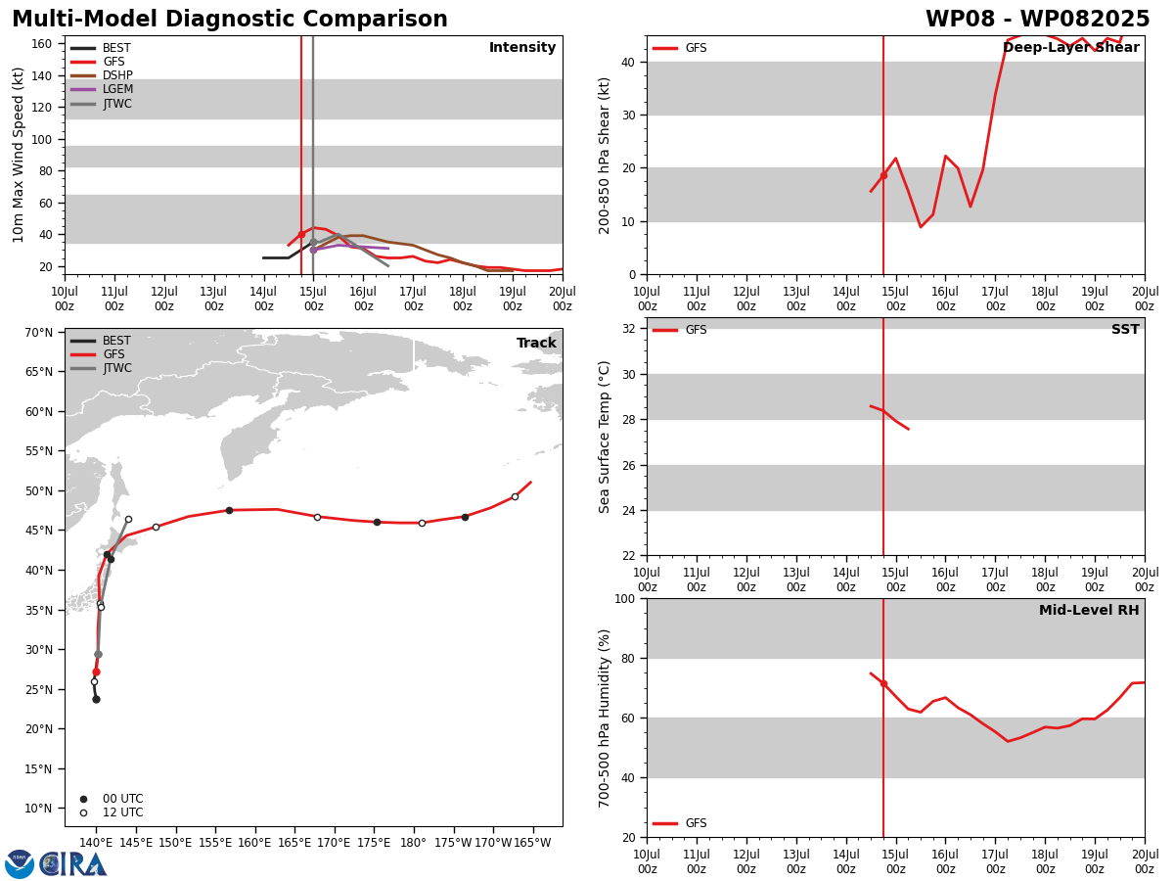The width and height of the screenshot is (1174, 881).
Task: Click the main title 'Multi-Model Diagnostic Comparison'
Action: click(x=230, y=19)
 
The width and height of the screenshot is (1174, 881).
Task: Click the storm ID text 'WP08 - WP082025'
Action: click(x=1038, y=19)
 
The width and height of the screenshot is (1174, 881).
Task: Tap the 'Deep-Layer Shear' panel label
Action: click(x=1070, y=47)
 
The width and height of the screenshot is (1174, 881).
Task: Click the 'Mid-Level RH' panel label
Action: click(x=1089, y=610)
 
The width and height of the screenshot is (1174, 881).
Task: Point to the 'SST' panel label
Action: click(x=1125, y=329)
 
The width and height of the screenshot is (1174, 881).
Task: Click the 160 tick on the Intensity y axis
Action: click(x=41, y=44)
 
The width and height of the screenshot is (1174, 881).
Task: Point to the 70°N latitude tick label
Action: click(x=38, y=333)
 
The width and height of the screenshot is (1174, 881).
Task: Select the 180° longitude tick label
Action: click(x=414, y=843)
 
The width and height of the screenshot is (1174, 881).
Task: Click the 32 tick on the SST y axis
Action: click(x=629, y=329)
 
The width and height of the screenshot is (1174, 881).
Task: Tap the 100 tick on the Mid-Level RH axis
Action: click(x=626, y=598)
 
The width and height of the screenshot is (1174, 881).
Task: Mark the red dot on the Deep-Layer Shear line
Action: click(x=883, y=176)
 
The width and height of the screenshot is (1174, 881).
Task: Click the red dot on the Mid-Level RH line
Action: click(x=883, y=684)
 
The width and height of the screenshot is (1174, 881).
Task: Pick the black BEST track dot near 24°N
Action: click(x=96, y=700)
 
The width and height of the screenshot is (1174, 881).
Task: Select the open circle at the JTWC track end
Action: click(x=128, y=520)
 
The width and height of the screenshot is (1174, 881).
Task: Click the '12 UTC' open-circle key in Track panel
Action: click(x=112, y=812)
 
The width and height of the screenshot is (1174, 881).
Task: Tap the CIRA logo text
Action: click(x=72, y=864)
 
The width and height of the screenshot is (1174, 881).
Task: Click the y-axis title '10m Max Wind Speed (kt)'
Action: click(x=18, y=155)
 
